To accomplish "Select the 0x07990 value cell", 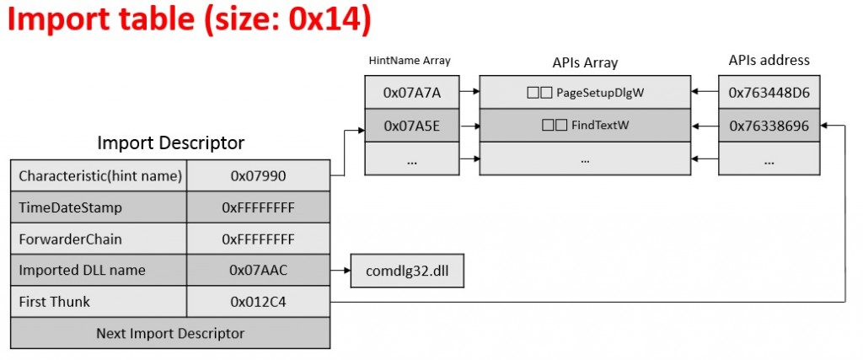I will point(258,176).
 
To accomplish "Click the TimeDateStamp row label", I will point(99,207).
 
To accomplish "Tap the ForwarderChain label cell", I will point(99,239).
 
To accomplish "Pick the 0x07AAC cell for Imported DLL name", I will point(258,271).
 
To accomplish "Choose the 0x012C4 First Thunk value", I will point(258,302).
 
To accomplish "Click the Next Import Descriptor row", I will point(170,333).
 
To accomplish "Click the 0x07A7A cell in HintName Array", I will point(412,93).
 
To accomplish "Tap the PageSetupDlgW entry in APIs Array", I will point(584,93).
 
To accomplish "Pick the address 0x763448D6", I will point(769,93).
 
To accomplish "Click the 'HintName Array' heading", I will point(410,61).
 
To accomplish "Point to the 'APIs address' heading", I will point(769,60).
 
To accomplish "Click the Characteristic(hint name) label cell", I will point(99,176).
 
